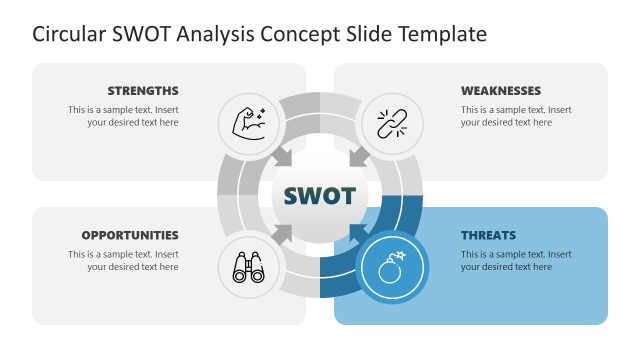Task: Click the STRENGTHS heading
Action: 143,90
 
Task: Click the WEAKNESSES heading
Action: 501,90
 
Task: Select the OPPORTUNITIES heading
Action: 130,235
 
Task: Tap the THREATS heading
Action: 488,235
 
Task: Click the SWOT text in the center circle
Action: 319,195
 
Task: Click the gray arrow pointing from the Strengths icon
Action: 282,157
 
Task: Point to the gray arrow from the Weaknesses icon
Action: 357,157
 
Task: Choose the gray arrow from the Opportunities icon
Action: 283,233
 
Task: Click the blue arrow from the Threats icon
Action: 357,233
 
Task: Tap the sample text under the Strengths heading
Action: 123,116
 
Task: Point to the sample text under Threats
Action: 516,261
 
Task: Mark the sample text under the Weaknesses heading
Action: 516,116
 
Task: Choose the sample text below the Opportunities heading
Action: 123,261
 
